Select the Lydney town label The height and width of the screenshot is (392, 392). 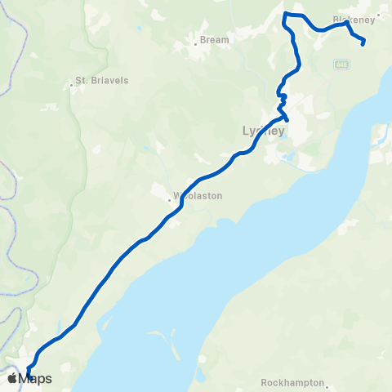tap(263, 131)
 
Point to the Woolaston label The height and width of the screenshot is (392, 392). tap(198, 196)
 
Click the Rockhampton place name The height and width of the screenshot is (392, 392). tap(292, 382)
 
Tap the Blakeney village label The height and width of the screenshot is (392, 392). tap(354, 18)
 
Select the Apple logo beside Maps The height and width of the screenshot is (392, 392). tap(12, 378)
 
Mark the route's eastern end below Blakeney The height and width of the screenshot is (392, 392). tap(363, 42)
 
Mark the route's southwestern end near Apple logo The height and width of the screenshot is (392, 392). tap(29, 374)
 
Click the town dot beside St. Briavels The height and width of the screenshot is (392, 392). tap(71, 81)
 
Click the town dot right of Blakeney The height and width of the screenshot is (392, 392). tap(379, 14)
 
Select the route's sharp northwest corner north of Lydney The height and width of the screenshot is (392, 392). tap(284, 14)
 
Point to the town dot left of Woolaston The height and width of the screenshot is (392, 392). tap(170, 196)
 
